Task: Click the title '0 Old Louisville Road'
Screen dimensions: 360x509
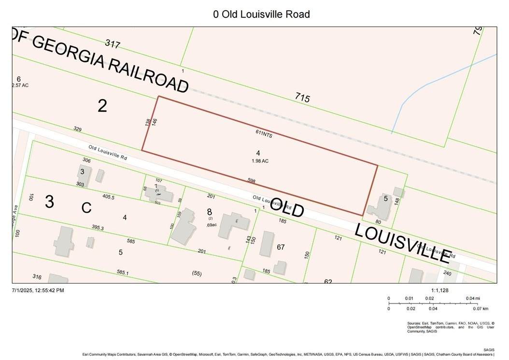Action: [261, 14]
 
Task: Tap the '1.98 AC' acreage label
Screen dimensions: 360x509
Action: [260, 161]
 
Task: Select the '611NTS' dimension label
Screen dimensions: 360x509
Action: [264, 134]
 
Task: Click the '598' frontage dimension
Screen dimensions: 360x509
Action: [252, 181]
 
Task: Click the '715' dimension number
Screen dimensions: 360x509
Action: [302, 98]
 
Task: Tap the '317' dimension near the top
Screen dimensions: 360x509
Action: [112, 44]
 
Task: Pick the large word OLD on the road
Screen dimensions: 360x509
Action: [287, 207]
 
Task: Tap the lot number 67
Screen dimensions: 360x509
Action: [281, 247]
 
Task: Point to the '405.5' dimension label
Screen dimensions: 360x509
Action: [109, 197]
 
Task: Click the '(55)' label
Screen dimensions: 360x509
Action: [197, 273]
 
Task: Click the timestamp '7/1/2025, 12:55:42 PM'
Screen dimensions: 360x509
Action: [38, 290]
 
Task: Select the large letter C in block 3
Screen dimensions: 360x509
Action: [86, 208]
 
